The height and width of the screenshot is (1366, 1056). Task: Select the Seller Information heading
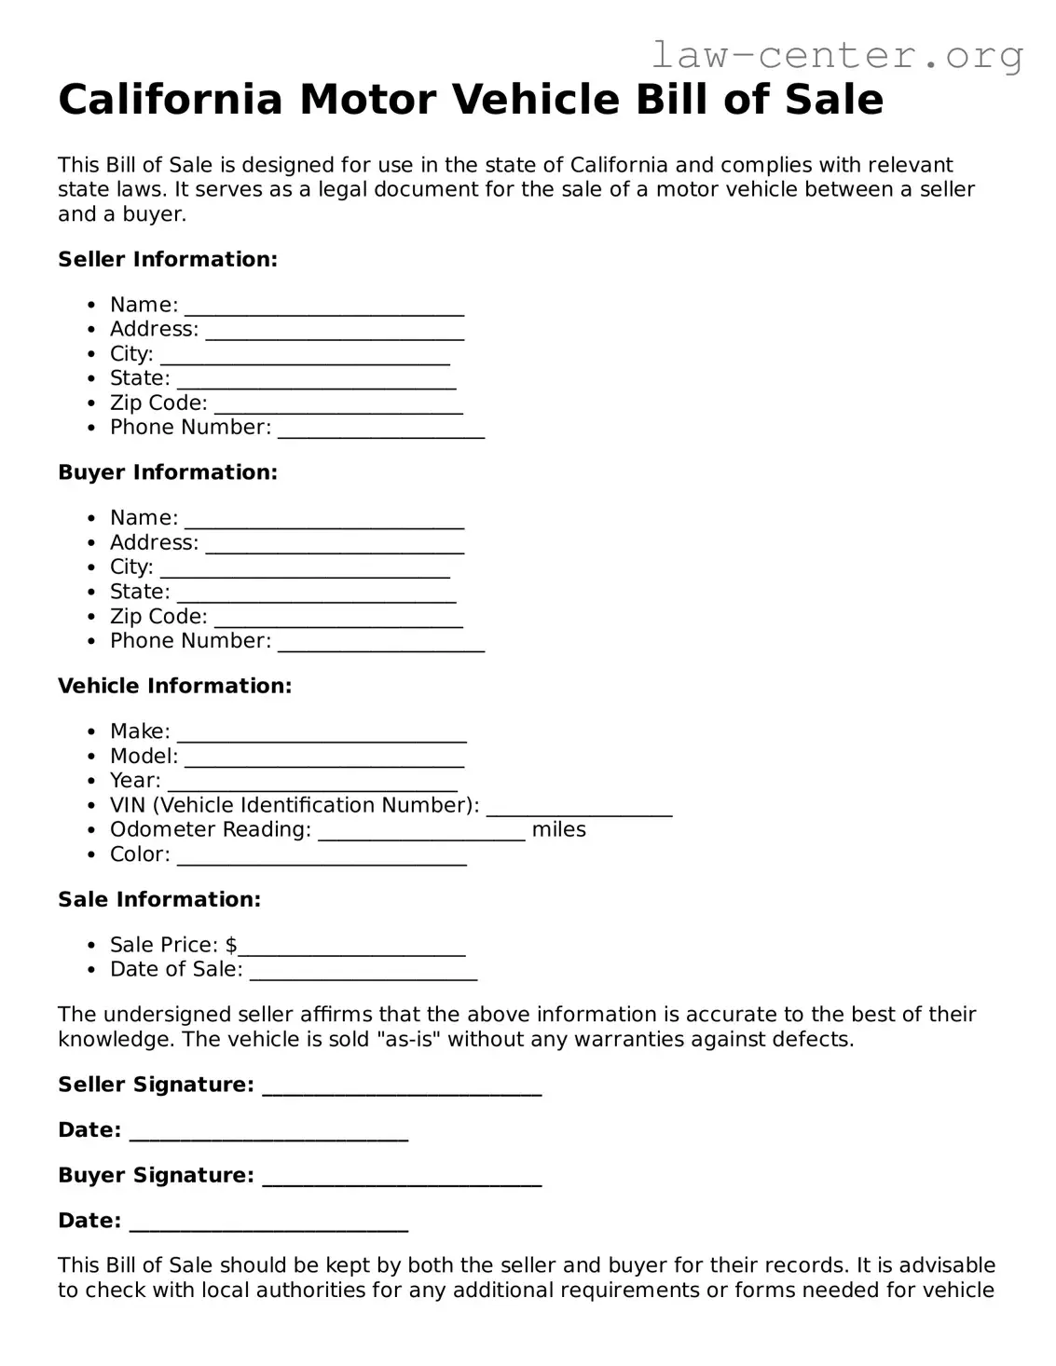click(x=168, y=259)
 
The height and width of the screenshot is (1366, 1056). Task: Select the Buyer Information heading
click(x=168, y=472)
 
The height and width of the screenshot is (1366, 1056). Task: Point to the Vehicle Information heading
click(x=174, y=686)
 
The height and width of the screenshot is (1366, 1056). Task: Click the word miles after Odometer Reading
click(x=558, y=829)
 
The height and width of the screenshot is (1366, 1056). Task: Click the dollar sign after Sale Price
click(x=231, y=945)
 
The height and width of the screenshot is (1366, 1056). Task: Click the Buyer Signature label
click(x=156, y=1175)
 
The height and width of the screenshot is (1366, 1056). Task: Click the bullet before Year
click(x=90, y=781)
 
